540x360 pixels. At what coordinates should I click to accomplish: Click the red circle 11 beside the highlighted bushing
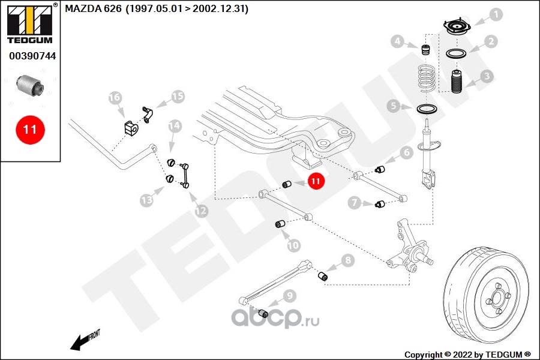point(316,181)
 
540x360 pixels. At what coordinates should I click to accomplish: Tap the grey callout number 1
point(496,14)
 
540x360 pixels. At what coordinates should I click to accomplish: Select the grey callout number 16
point(115,97)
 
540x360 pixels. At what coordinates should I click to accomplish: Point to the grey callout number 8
point(347,260)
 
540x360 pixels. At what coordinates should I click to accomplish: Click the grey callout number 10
point(293,245)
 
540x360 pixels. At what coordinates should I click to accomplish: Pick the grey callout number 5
point(394,106)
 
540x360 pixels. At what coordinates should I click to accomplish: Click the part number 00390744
point(32,56)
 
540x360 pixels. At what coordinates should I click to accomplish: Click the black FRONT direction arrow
point(80,343)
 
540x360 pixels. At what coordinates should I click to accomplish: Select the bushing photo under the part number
point(31,86)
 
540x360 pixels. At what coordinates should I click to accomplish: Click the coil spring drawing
point(427,80)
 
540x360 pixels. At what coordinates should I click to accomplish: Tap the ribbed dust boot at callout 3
point(457,82)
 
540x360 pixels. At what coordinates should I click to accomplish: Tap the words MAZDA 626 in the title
point(94,8)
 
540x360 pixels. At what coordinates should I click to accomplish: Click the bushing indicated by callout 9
point(263,313)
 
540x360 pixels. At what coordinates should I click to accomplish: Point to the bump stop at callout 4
point(427,50)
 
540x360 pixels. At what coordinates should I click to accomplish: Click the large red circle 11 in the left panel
point(30,130)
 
